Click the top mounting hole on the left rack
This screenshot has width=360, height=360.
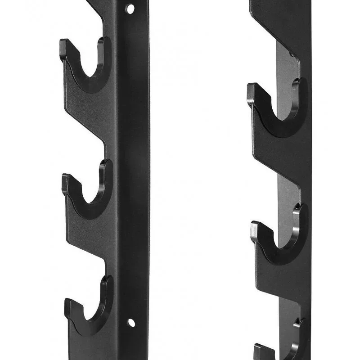point(130,9)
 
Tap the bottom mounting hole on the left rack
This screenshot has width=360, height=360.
point(130,322)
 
